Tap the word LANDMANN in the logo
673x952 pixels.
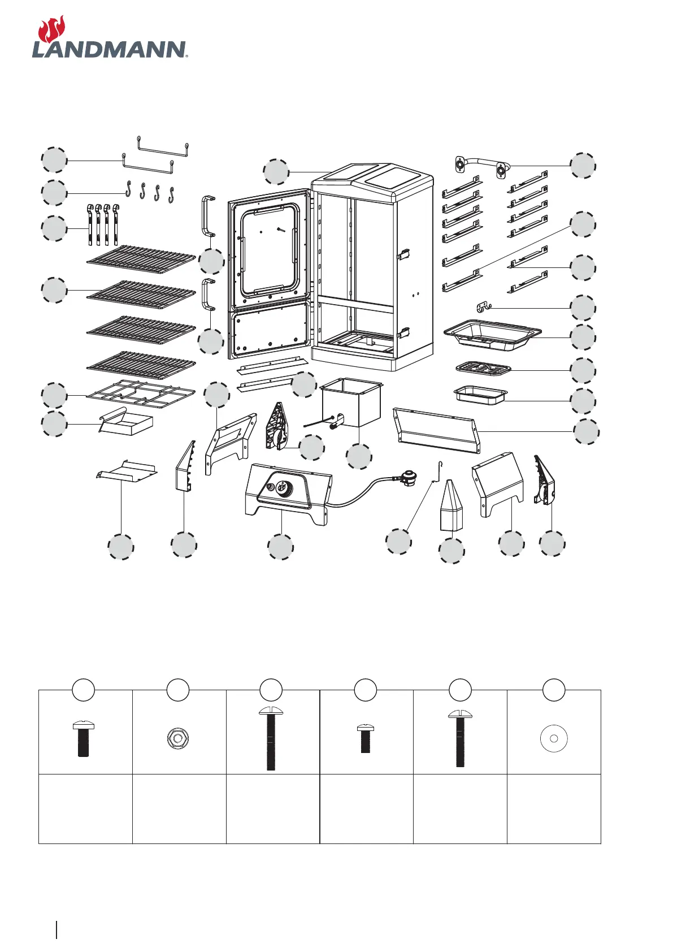pos(109,49)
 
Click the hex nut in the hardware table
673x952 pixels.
pos(178,738)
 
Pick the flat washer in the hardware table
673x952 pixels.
pos(554,738)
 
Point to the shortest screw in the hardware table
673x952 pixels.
pos(365,738)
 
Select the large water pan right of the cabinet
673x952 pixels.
pos(492,335)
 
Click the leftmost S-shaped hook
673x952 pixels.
pos(129,190)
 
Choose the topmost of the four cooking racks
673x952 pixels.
pos(141,258)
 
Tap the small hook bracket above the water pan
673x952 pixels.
pos(482,307)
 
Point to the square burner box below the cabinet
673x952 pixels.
pos(351,402)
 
